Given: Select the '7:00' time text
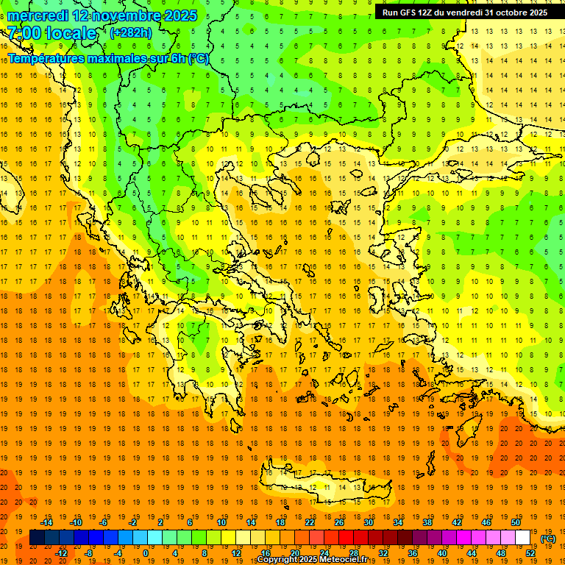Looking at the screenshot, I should (x=24, y=33).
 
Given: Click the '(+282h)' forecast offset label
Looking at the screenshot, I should (x=130, y=32).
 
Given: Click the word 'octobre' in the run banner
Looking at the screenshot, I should (x=511, y=13).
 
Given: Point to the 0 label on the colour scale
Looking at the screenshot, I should (x=145, y=553).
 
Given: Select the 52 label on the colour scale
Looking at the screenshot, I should (x=530, y=553).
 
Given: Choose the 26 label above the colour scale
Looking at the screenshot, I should (x=339, y=522).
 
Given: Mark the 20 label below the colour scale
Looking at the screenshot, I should (x=294, y=553).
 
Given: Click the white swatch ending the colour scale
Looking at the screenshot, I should (x=522, y=538).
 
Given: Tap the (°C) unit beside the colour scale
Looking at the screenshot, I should (x=548, y=539).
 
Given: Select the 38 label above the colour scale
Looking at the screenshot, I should (x=427, y=522).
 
